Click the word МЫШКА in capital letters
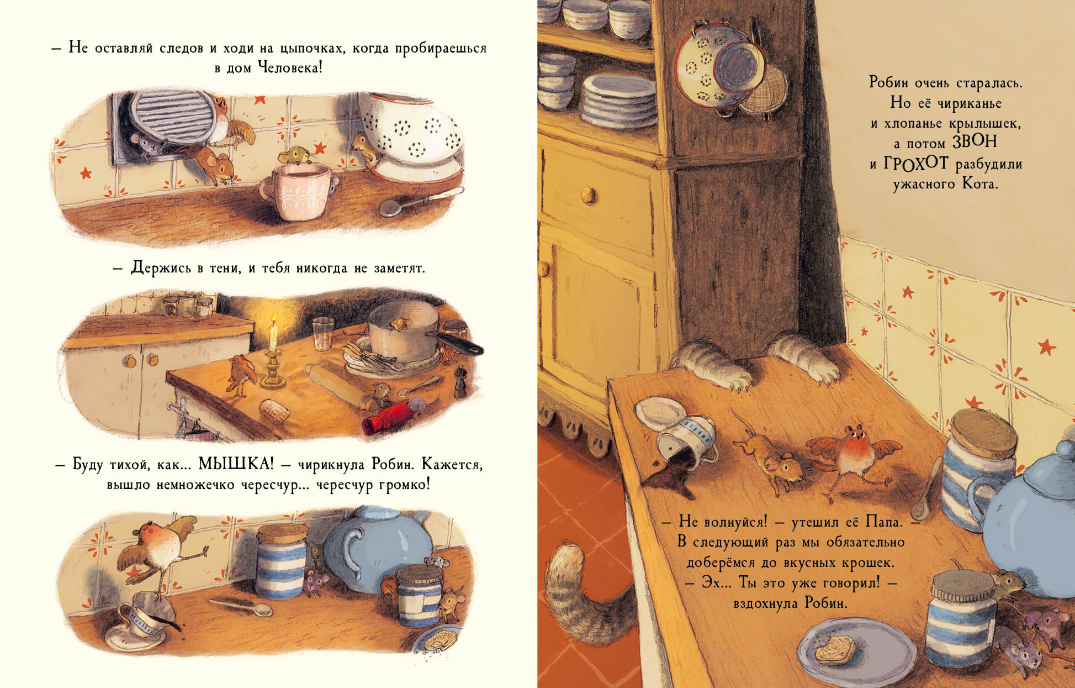click(x=236, y=464)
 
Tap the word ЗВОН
click(x=975, y=141)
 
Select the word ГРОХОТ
click(x=916, y=163)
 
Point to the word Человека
click(x=290, y=68)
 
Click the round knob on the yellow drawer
click(x=588, y=194)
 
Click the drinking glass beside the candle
click(x=321, y=334)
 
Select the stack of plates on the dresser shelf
click(x=618, y=99)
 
